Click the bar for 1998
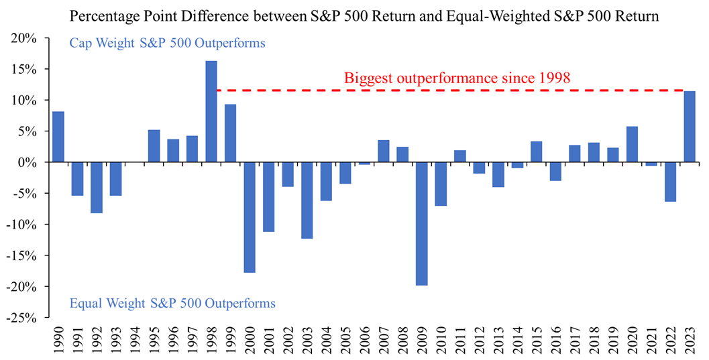(x=211, y=111)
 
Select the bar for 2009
(x=421, y=223)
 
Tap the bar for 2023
(x=689, y=127)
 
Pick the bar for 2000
(x=250, y=217)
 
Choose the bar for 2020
(x=632, y=144)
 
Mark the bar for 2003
(x=307, y=200)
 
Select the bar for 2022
(x=670, y=182)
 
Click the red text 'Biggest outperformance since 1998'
(x=457, y=78)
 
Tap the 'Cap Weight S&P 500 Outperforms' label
(x=167, y=44)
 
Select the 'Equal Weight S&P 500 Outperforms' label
(x=172, y=303)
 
